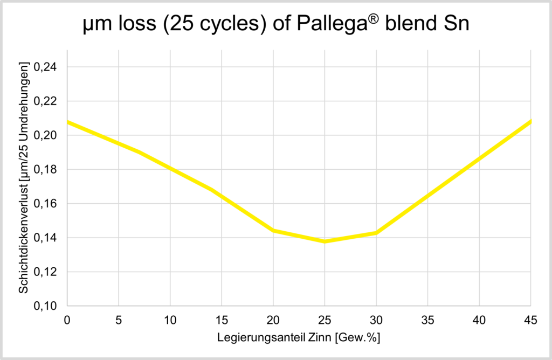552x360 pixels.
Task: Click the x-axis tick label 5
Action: [119, 321]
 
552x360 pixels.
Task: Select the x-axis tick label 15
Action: [222, 321]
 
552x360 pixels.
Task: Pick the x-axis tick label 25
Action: [325, 321]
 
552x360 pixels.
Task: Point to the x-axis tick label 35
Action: [427, 321]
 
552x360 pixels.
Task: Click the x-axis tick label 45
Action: [530, 321]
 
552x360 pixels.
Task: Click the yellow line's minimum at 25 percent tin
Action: [325, 241]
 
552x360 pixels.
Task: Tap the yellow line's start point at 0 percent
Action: [67, 122]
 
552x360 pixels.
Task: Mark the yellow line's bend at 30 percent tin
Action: [376, 233]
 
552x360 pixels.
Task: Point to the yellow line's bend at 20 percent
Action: [273, 230]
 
